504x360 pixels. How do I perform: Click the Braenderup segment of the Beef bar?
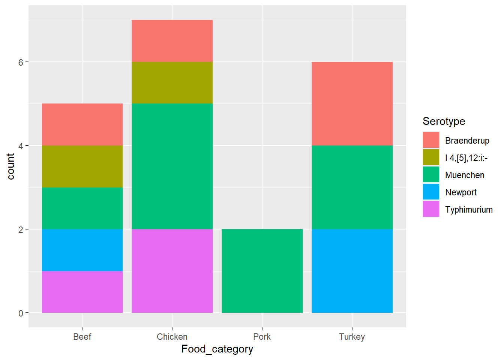(x=82, y=124)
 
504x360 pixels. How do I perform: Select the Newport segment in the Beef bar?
(x=82, y=250)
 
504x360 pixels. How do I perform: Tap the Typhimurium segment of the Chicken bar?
(x=172, y=271)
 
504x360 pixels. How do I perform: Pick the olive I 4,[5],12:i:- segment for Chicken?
(x=172, y=82)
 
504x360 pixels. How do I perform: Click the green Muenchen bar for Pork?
(x=262, y=271)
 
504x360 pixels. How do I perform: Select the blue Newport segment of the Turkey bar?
(x=352, y=271)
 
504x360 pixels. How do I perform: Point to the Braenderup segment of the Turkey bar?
(x=352, y=103)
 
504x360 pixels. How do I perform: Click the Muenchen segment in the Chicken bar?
(x=172, y=166)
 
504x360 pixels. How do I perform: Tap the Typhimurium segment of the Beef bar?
(x=82, y=292)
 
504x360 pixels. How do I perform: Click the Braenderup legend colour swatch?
(x=431, y=140)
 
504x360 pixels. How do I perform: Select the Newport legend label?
(x=460, y=192)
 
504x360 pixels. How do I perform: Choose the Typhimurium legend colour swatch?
(x=431, y=209)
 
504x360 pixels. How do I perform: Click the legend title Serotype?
(x=444, y=121)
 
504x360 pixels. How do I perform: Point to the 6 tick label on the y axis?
(x=21, y=62)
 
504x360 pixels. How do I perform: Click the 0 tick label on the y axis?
(x=21, y=313)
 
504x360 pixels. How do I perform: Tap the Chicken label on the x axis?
(x=172, y=337)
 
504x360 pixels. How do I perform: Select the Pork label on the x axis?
(x=262, y=337)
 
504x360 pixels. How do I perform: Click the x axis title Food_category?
(x=217, y=349)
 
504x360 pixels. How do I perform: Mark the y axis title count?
(x=10, y=166)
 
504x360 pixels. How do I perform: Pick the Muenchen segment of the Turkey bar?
(x=352, y=187)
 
